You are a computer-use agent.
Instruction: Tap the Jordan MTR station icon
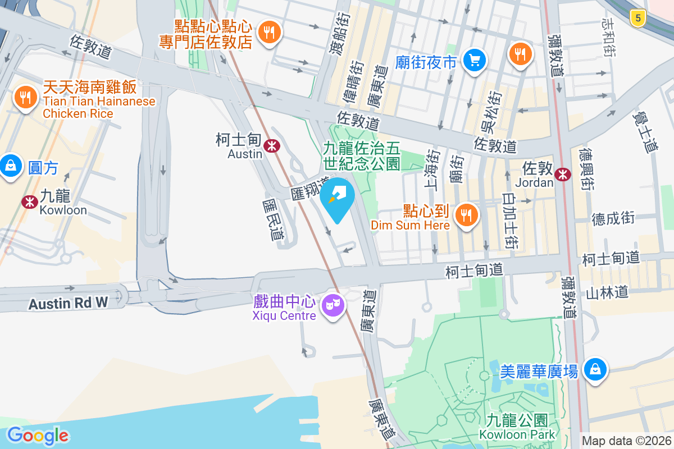tap(562, 175)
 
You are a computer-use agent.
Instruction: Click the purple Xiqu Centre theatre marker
tap(334, 306)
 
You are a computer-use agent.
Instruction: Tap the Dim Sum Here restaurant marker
tap(466, 215)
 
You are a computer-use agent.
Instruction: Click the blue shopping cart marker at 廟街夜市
tap(475, 60)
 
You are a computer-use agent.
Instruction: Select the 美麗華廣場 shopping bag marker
tap(594, 370)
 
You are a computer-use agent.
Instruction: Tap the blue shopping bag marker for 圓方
tap(11, 166)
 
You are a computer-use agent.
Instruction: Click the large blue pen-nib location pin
tap(337, 198)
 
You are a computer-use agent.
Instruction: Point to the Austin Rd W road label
tap(68, 304)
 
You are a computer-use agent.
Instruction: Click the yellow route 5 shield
tap(636, 18)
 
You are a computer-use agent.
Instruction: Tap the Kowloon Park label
tap(517, 434)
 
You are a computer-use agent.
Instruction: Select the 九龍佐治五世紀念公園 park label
tap(361, 156)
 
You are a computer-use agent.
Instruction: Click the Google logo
tap(38, 436)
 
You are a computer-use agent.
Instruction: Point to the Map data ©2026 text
tap(626, 441)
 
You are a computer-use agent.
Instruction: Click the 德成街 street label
tap(613, 218)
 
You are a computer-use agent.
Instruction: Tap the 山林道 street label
tap(607, 292)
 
